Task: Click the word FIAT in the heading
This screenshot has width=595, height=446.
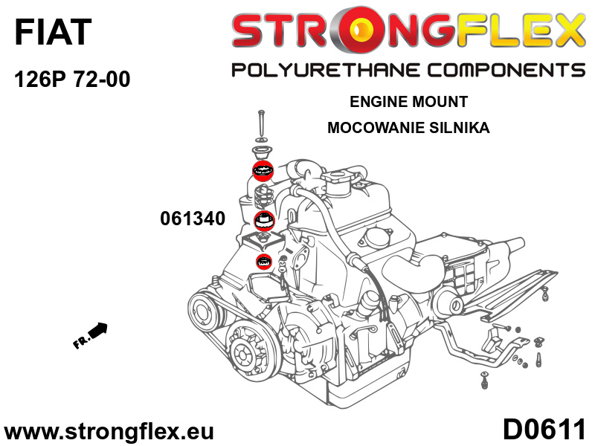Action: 53,32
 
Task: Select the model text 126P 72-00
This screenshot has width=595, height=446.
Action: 72,80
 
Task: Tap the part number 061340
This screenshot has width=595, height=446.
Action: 193,219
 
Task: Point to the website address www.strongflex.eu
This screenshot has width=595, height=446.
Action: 109,432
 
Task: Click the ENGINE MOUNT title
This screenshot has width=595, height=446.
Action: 408,102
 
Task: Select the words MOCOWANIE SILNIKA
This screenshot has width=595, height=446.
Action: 408,127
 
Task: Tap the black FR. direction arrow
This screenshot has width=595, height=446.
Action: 90,335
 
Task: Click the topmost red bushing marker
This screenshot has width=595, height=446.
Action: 263,170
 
